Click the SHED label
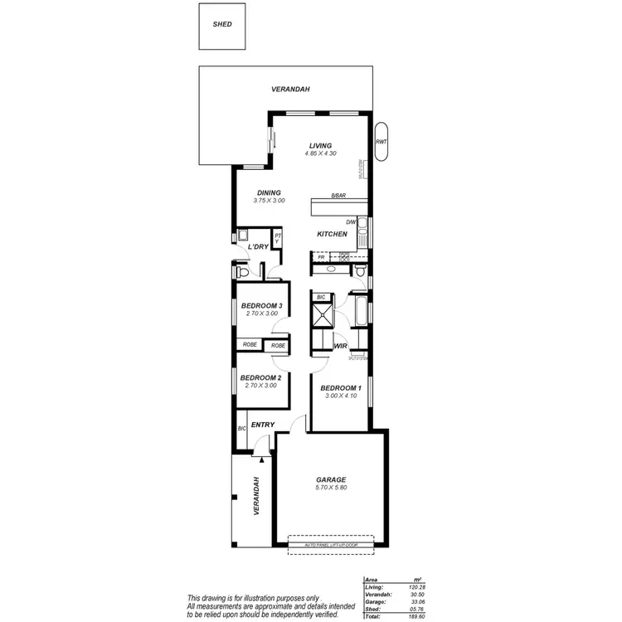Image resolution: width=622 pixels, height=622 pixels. point(221,24)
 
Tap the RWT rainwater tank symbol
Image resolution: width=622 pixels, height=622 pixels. point(381,142)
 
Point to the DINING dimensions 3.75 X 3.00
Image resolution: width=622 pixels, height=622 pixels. point(269,201)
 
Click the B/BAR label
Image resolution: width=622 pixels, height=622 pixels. point(338,196)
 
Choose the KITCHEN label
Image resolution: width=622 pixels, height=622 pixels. point(332,235)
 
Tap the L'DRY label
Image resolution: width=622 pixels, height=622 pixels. point(258,247)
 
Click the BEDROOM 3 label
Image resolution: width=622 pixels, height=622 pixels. point(262,306)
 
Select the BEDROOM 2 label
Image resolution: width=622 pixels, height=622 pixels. point(261,378)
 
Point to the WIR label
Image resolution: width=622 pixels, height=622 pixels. point(340,346)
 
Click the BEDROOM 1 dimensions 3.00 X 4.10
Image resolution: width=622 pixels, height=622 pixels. point(341,396)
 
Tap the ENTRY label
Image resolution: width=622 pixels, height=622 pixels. point(263,425)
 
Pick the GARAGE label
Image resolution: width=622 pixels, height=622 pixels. point(331,480)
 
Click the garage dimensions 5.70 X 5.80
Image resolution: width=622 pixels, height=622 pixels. point(331,488)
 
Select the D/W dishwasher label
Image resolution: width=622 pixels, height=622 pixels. point(352,221)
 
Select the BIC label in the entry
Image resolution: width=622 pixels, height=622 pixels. point(242,428)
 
